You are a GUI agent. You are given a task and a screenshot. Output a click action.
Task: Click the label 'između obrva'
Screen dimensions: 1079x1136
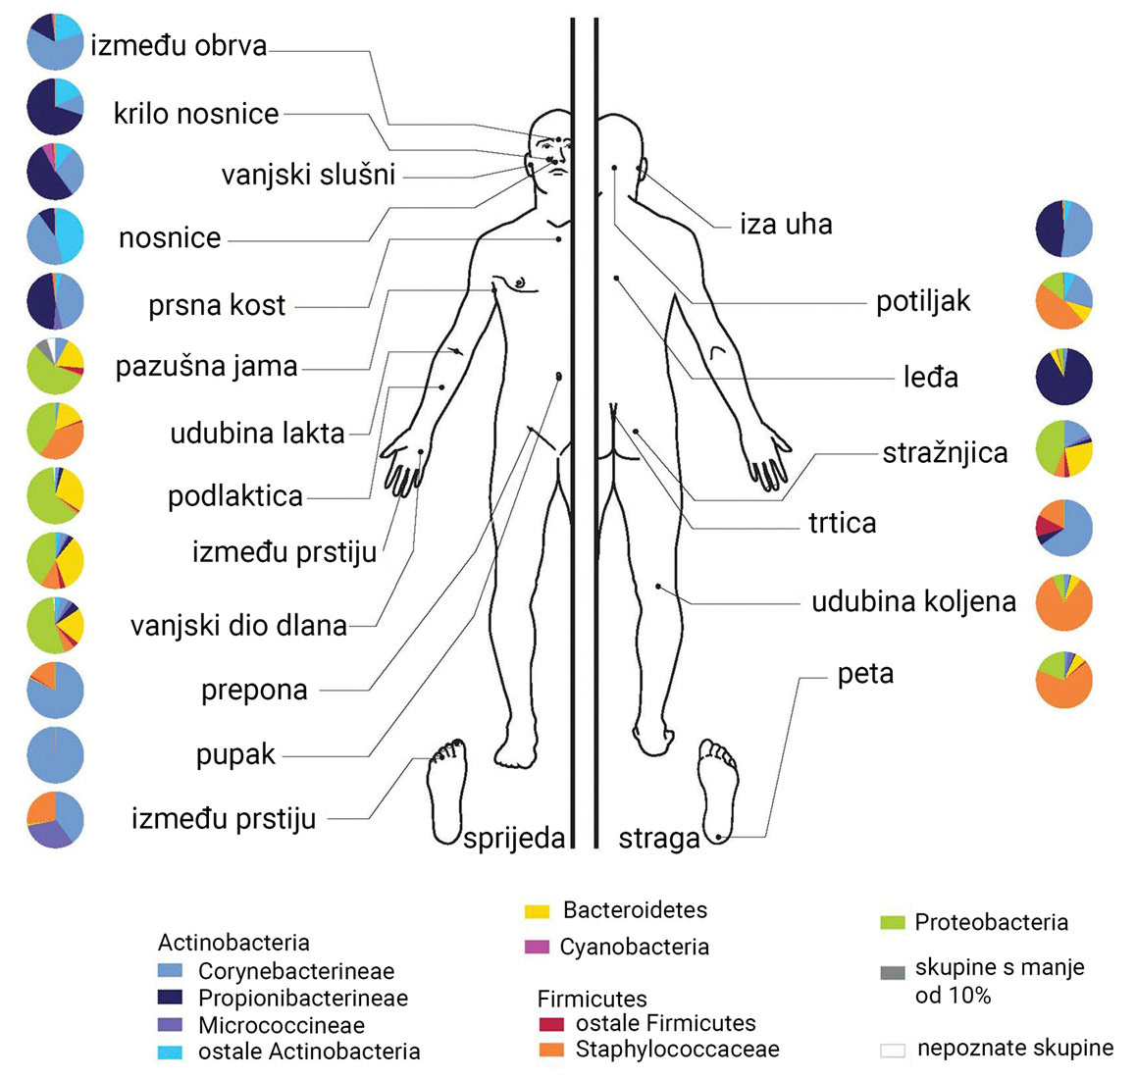179,46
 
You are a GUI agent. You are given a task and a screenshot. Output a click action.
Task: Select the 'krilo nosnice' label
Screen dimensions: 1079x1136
196,114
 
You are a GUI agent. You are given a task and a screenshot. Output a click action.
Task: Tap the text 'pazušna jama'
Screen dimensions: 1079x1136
206,367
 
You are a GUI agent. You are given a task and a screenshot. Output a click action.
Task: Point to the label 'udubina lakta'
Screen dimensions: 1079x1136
257,433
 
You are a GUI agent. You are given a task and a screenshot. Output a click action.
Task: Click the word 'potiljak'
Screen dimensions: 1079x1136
923,301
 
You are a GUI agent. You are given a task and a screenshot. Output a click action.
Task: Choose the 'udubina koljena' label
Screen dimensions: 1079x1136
913,601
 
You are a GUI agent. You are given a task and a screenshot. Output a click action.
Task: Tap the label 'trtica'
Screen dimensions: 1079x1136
842,523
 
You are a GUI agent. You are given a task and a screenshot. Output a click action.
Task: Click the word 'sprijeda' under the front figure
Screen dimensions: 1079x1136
514,838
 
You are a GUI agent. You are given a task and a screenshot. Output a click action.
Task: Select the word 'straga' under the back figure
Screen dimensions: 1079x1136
658,839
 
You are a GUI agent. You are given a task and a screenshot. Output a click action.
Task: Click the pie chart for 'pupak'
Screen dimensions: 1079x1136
55,755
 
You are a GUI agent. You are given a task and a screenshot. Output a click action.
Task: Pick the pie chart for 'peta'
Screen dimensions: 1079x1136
1064,680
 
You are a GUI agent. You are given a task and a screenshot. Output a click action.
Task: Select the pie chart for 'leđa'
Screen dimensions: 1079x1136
1064,376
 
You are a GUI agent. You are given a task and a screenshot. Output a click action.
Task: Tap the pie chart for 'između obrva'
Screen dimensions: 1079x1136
55,41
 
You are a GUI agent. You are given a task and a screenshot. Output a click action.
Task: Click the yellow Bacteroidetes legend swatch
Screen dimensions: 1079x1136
537,911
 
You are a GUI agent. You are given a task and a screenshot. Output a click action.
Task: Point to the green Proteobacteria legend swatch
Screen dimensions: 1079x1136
892,923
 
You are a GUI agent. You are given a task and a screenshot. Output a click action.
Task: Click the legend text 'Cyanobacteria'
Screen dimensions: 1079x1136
634,948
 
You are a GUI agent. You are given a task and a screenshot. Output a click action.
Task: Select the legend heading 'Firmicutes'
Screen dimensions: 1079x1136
592,1000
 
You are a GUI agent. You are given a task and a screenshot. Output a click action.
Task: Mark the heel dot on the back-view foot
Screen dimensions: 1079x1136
718,837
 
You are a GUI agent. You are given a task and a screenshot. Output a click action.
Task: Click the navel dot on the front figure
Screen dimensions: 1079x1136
558,376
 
